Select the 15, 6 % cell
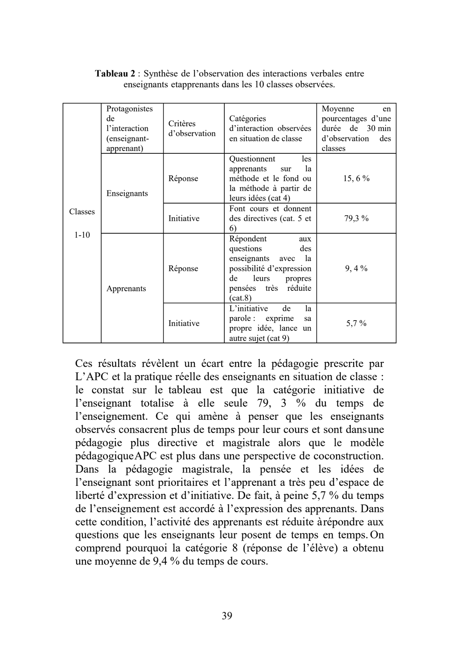[x=356, y=178]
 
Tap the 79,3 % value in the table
[x=356, y=218]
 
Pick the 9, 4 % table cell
[x=356, y=268]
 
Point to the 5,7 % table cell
[x=356, y=323]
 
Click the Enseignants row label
[x=127, y=193]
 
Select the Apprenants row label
[x=126, y=289]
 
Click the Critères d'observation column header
[x=192, y=129]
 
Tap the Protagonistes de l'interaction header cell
[x=129, y=129]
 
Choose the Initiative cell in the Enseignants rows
[x=184, y=218]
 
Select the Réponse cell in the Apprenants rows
[x=183, y=268]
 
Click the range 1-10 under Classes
[x=82, y=235]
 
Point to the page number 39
[x=227, y=616]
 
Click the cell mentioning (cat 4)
[x=270, y=178]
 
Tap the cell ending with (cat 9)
[x=270, y=323]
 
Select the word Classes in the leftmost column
[x=82, y=212]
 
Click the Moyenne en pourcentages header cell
[x=356, y=129]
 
